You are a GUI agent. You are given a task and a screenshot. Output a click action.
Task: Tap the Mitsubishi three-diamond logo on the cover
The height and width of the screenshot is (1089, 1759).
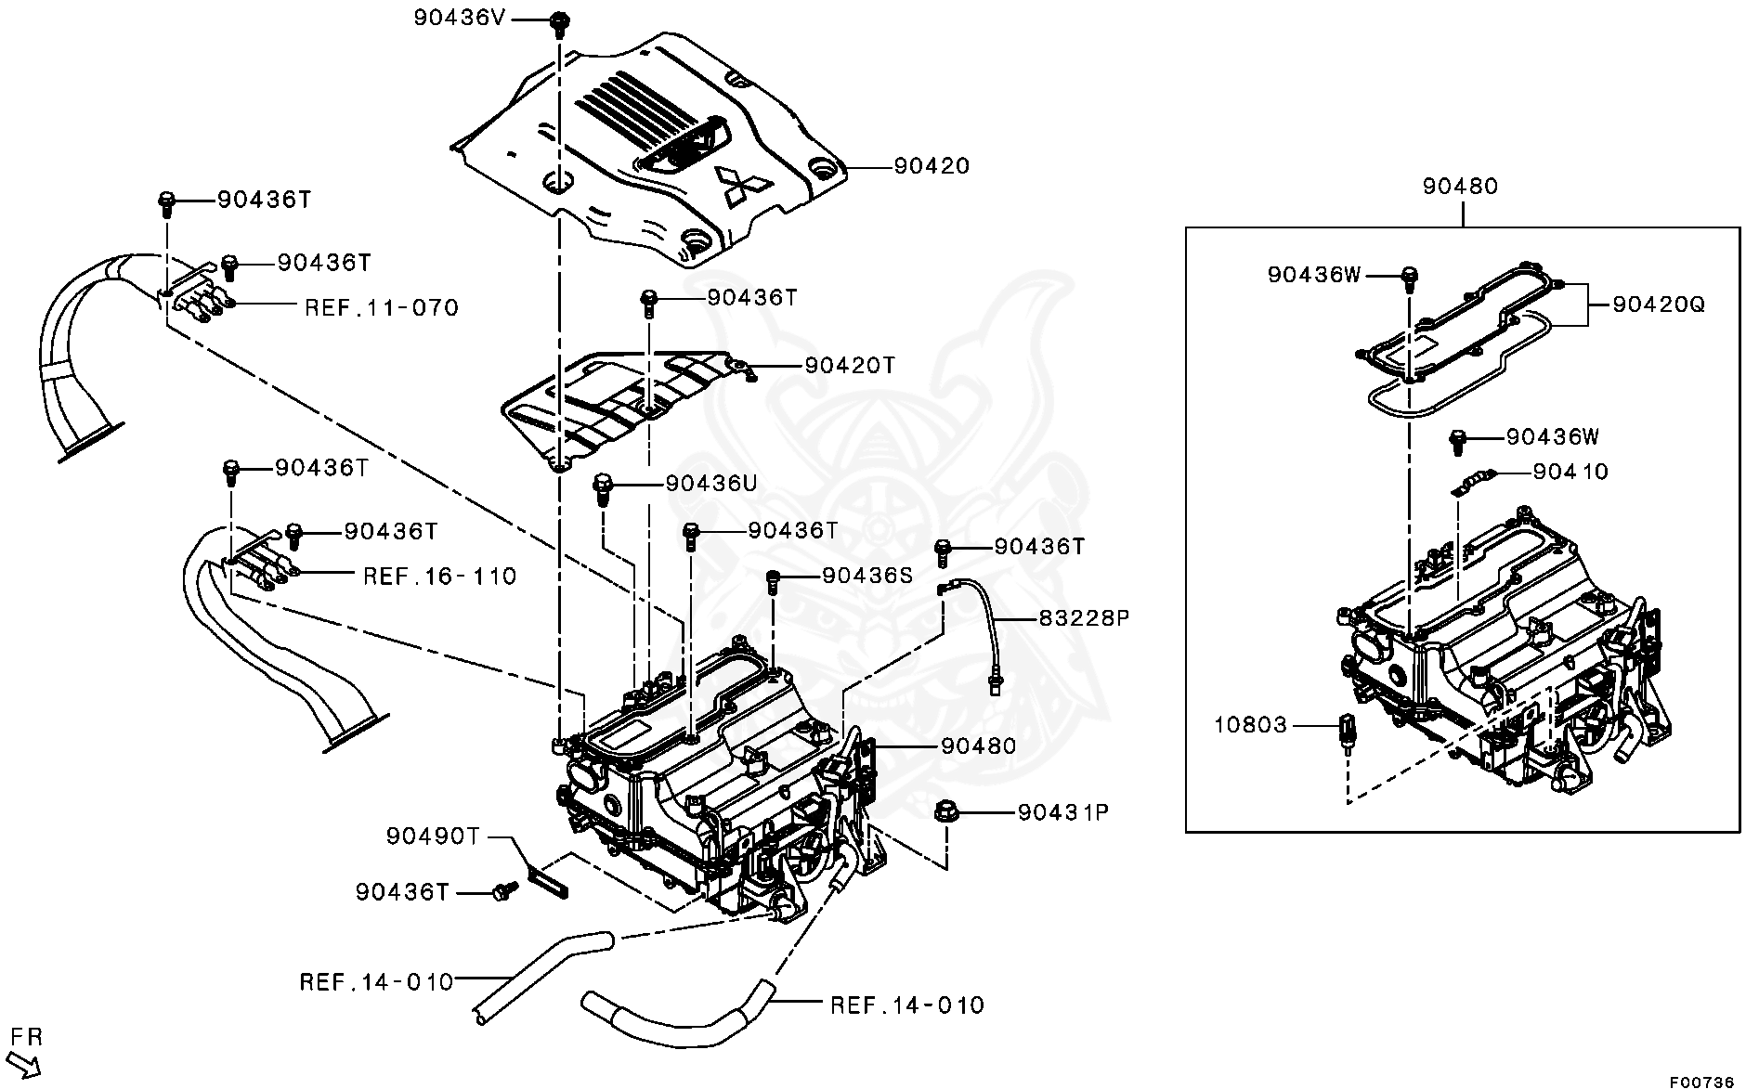(739, 184)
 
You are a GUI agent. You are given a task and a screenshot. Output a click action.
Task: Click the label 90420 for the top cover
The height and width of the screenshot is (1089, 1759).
(932, 166)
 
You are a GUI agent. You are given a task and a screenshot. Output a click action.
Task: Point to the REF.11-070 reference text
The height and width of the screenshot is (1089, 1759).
(382, 307)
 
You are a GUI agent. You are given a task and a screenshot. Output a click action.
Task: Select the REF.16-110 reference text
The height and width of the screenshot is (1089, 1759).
(439, 577)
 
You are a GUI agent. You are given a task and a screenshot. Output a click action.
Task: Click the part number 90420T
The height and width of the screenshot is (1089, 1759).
(850, 365)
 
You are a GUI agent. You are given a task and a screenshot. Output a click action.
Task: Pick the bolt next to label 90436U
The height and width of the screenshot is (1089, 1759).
(602, 486)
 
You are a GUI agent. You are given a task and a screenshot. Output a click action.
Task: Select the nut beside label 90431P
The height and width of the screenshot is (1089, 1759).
(945, 813)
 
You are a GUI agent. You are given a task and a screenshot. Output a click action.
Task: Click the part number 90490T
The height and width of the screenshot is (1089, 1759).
(434, 836)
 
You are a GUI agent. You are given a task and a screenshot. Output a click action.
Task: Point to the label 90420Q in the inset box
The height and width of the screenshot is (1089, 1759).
(1659, 305)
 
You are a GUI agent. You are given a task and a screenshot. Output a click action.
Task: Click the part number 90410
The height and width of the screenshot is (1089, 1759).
(1570, 472)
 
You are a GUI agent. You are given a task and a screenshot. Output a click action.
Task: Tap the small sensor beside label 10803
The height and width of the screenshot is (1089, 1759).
(1346, 728)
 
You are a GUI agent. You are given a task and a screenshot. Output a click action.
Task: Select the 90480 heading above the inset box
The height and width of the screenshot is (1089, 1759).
(1461, 186)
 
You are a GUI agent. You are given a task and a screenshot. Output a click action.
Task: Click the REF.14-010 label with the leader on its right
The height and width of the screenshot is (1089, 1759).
(375, 981)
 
